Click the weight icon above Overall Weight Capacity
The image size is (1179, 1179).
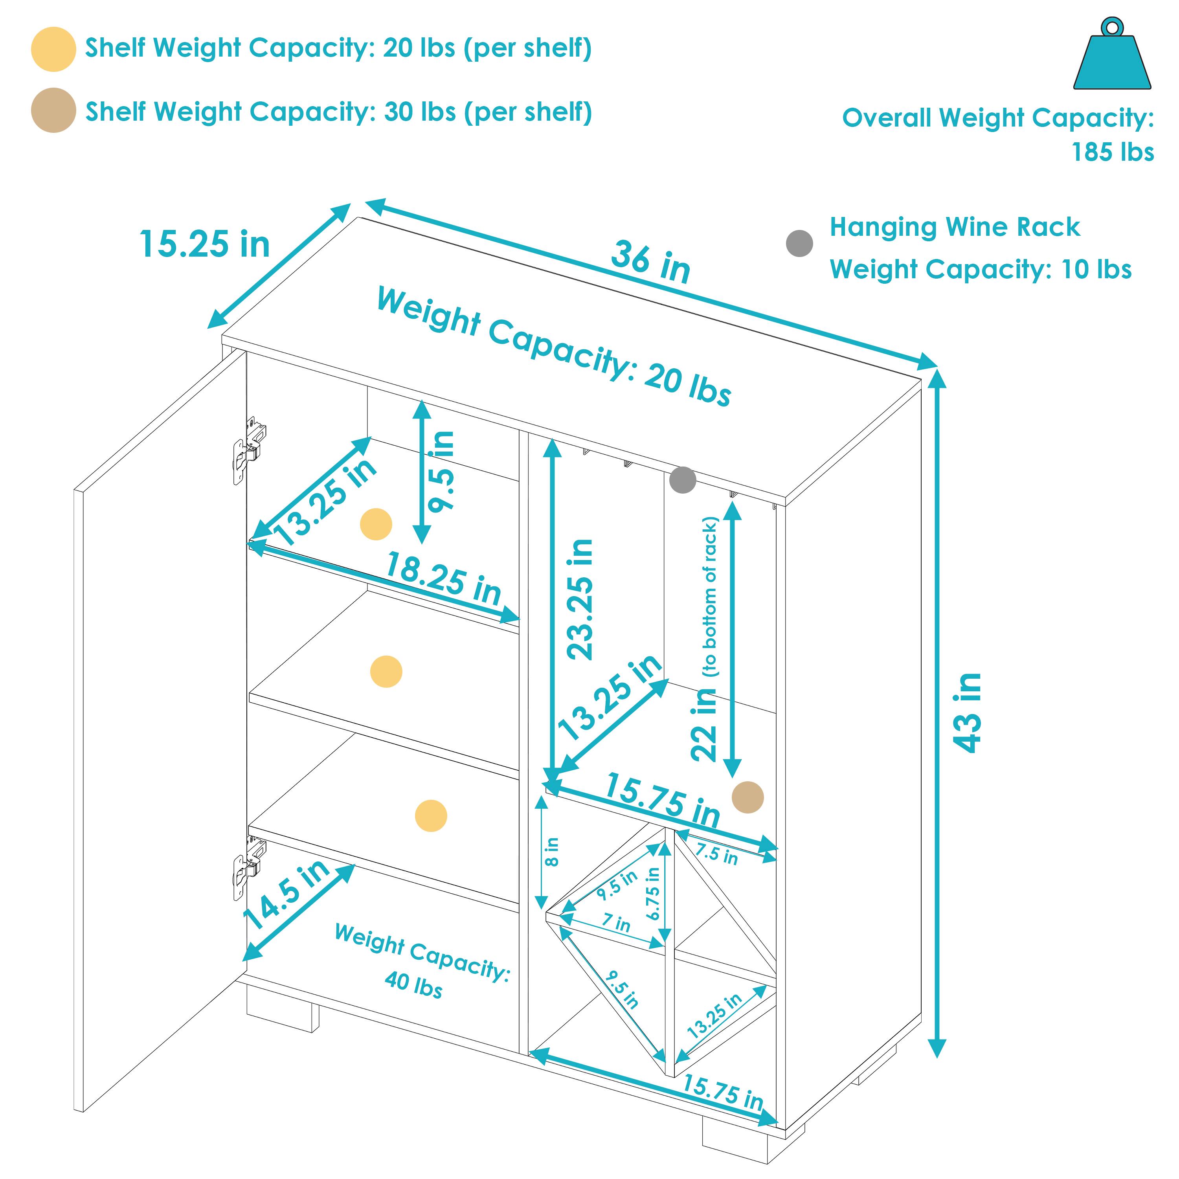1112,58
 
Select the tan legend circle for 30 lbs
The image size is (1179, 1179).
54,110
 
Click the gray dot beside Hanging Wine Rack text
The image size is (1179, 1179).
799,244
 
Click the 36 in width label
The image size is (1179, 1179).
650,263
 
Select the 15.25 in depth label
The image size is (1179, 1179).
204,244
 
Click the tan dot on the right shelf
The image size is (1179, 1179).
747,797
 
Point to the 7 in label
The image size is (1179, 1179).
616,923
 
